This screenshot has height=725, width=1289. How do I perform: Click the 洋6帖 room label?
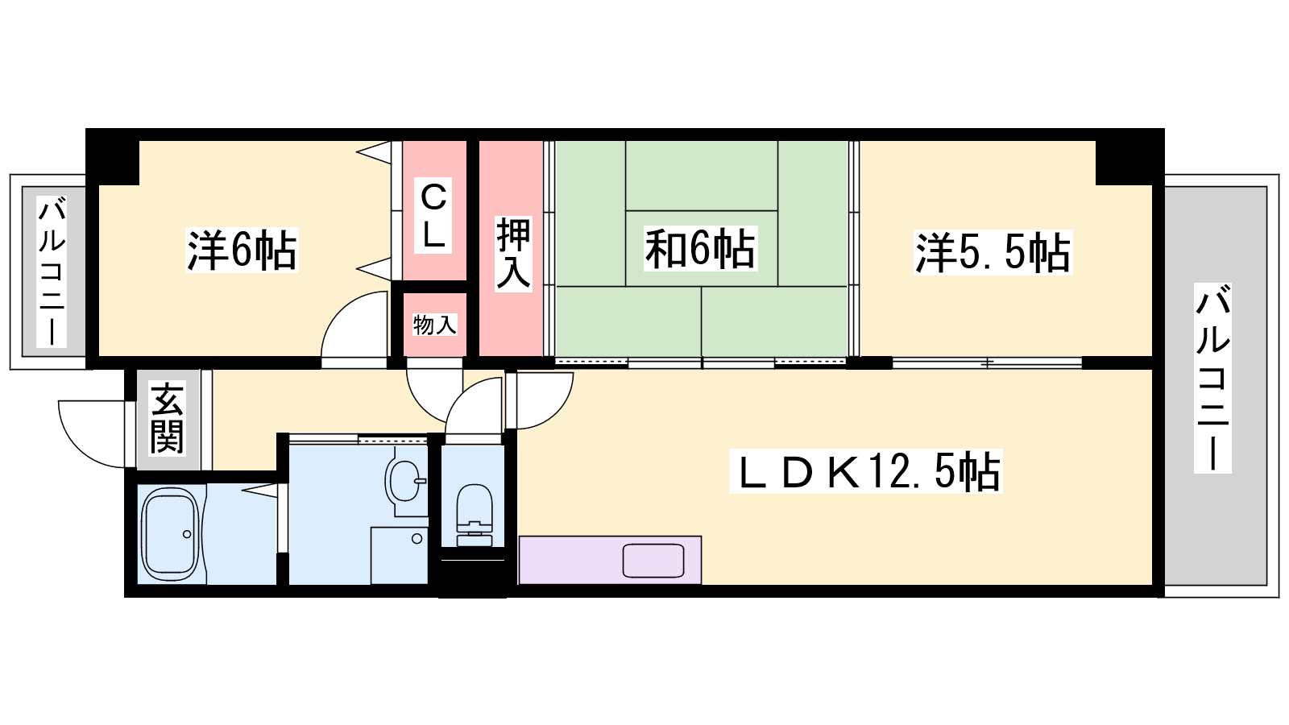coord(242,251)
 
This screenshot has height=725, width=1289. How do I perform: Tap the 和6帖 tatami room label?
coord(700,249)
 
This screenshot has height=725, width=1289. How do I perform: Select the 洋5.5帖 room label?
coord(993,252)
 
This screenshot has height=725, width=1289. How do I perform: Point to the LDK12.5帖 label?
coord(865,471)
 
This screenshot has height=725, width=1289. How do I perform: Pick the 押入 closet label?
coord(513,253)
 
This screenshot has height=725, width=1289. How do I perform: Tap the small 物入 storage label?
coord(434,325)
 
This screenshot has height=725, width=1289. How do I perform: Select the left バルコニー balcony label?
coord(52,271)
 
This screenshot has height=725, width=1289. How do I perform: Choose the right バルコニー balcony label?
coord(1212,378)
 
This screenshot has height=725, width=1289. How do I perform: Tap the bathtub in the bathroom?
coord(170,535)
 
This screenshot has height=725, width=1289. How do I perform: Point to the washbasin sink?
coord(405,481)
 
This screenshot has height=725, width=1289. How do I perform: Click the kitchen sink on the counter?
coord(653,561)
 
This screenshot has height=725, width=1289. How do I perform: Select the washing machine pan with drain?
coord(400,555)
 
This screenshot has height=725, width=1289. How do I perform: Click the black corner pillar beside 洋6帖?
coord(113,157)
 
